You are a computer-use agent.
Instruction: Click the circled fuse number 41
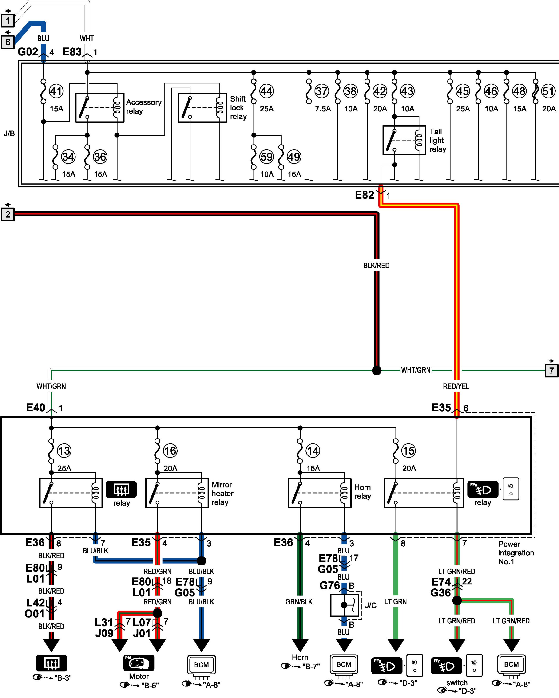pos(56,91)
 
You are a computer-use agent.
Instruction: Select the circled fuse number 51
pos(548,91)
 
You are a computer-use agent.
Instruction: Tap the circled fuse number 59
pos(266,157)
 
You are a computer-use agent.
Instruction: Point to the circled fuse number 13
pos(64,451)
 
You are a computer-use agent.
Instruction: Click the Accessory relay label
pos(144,106)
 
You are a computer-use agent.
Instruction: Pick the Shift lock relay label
pos(238,107)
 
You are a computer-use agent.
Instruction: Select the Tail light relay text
pos(438,140)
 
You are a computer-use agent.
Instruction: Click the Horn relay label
pos(362,492)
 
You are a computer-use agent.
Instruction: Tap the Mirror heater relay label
pos(222,493)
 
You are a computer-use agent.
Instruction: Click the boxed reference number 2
pos(8,214)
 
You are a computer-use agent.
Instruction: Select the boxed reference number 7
pos(551,370)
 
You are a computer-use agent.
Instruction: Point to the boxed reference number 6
pos(8,42)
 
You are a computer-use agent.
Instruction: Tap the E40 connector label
pos(36,407)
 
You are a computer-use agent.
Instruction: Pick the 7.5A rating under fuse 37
pos(323,109)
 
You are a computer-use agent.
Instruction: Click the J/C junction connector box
pos(344,605)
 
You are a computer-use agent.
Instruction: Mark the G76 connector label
pos(330,585)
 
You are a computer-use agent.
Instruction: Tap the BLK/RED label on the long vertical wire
pos(376,266)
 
